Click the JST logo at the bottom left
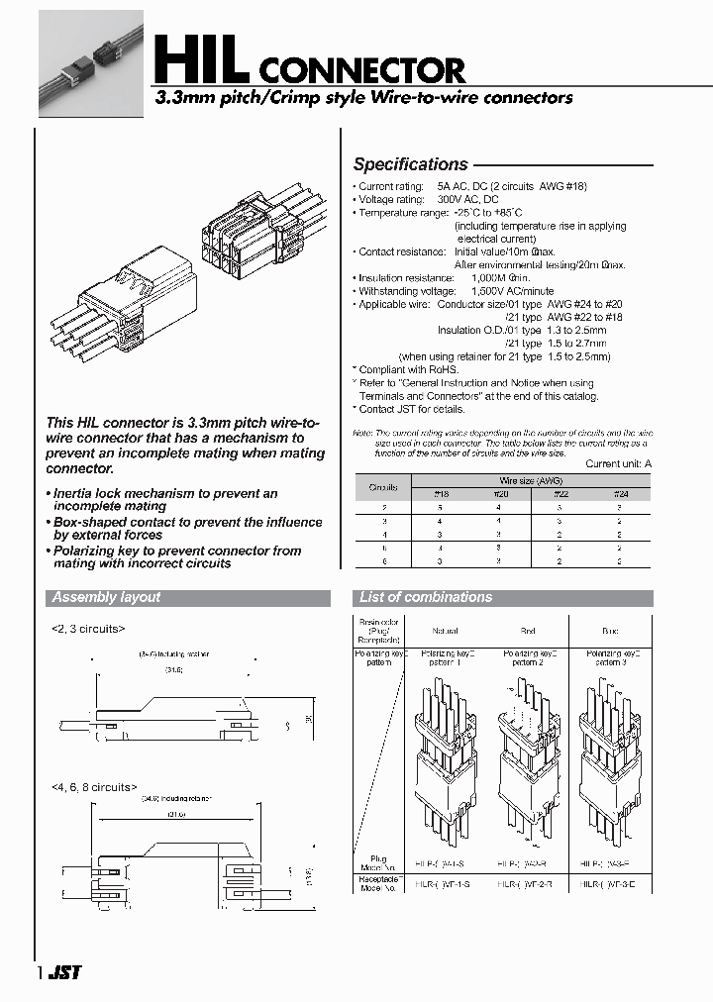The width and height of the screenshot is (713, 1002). [x=65, y=972]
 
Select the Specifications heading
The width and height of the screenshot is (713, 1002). [x=410, y=164]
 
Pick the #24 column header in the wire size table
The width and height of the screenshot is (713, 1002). [x=620, y=493]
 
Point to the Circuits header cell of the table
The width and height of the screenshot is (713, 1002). [x=383, y=487]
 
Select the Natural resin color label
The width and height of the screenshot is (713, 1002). [x=445, y=630]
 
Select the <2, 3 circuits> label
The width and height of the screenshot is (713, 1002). [x=89, y=628]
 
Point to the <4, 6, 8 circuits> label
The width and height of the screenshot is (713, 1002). [x=93, y=787]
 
